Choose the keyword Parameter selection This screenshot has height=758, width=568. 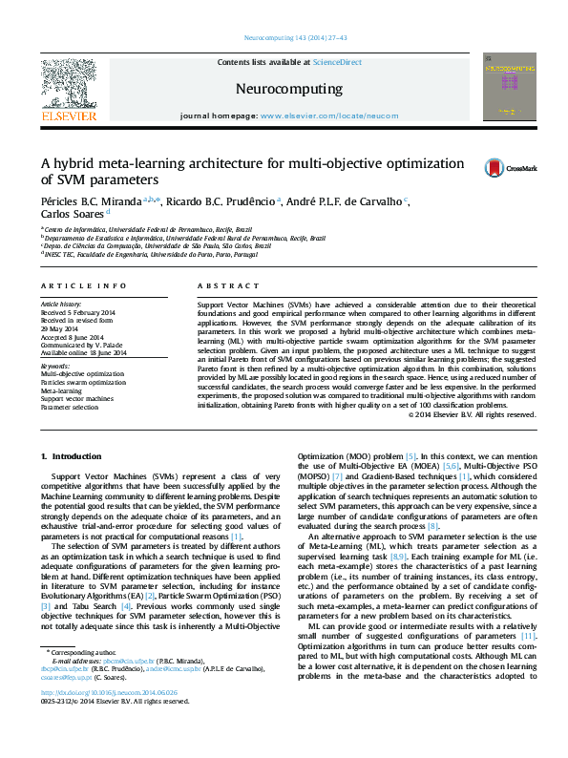[71, 406]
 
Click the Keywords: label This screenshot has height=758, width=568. [55, 366]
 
